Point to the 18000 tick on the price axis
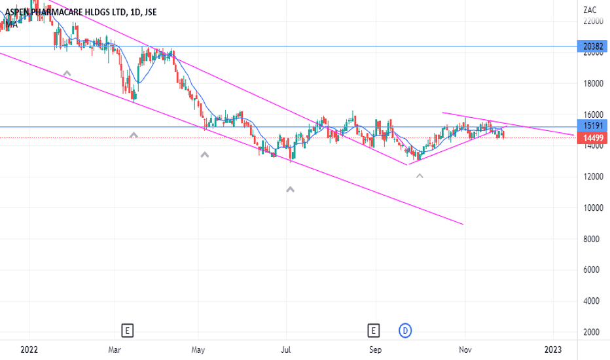(592, 84)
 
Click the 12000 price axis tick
(592, 177)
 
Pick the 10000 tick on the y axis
(592, 208)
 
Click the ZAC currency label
(589, 10)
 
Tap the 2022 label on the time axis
(29, 350)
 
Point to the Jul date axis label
(286, 350)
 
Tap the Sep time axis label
(374, 350)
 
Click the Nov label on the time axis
(464, 350)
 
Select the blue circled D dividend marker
(406, 331)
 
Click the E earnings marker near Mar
(128, 331)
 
